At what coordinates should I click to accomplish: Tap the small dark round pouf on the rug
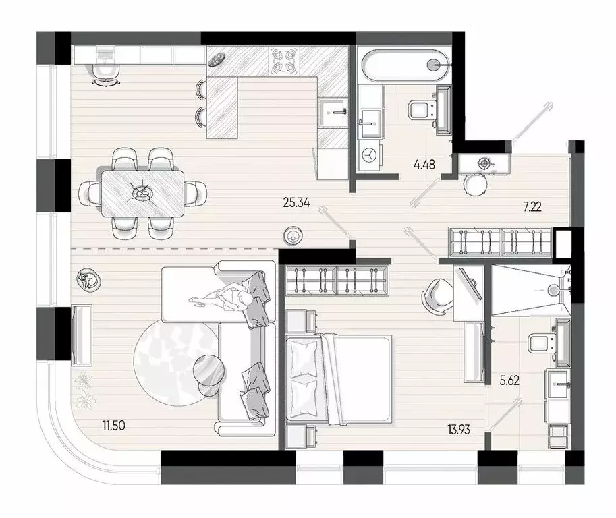[x=210, y=370]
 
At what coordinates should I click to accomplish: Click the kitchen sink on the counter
[x=333, y=113]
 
